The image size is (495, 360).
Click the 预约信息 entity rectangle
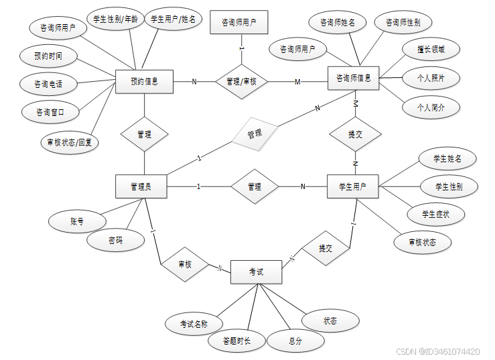click(x=144, y=82)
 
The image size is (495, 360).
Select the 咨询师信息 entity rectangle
click(x=354, y=78)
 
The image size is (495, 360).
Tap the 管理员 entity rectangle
click(x=141, y=186)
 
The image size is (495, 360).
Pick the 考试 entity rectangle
click(x=256, y=272)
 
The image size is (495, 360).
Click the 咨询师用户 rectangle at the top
click(x=239, y=22)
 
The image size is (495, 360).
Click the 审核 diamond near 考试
click(x=184, y=265)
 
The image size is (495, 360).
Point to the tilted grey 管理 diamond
click(x=255, y=134)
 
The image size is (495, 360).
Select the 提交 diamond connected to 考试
click(x=326, y=249)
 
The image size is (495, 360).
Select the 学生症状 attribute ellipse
click(x=435, y=215)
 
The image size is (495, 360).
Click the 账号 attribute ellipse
click(x=77, y=221)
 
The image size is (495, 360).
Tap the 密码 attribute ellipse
click(x=115, y=240)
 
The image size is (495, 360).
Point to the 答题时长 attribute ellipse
click(x=237, y=341)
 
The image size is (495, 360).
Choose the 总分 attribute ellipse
click(x=295, y=341)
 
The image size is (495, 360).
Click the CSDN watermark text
click(x=437, y=351)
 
